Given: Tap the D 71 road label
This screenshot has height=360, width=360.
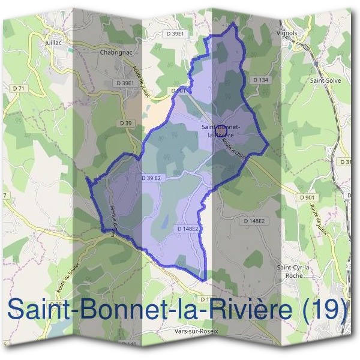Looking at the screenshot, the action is (20, 89).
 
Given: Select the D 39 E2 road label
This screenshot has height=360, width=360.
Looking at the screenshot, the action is (151, 178).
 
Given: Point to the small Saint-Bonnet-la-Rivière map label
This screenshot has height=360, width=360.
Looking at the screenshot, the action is (221, 131).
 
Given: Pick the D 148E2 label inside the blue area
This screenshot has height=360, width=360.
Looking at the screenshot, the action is (188, 229).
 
